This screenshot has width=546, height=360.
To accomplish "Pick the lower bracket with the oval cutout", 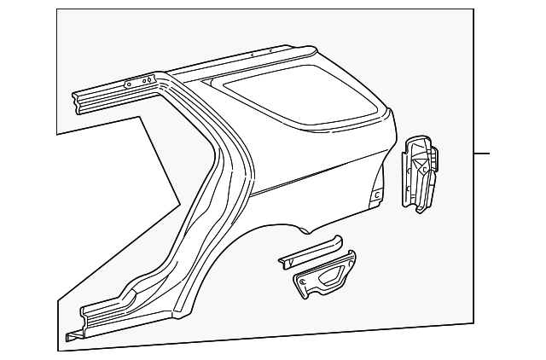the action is (x=323, y=277).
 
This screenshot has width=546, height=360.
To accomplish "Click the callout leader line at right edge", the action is (x=482, y=154).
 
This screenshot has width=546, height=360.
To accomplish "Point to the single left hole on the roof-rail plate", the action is (x=128, y=84).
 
